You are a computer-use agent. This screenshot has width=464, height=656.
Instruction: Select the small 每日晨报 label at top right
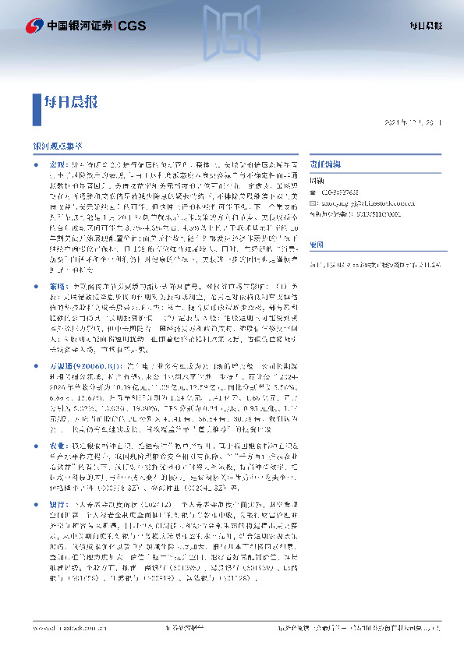tap(426, 26)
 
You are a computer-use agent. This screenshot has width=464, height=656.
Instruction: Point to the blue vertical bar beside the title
tap(37, 102)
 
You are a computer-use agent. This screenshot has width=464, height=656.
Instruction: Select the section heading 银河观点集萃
tap(57, 145)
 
